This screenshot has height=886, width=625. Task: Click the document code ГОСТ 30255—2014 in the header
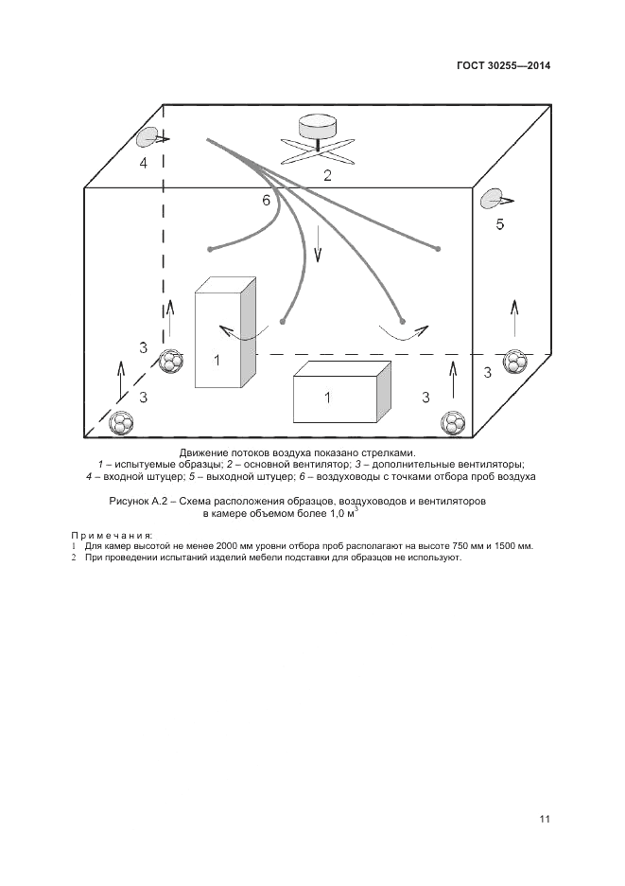[503, 66]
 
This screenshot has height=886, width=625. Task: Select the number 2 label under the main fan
[327, 174]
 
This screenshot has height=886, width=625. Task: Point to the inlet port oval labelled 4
[148, 138]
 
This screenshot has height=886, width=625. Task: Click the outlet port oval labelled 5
[491, 199]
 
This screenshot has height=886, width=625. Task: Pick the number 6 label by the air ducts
[267, 201]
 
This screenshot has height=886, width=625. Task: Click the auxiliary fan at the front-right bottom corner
[455, 422]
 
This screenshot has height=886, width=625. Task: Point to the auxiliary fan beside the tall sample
[171, 362]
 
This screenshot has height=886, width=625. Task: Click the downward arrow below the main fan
[318, 243]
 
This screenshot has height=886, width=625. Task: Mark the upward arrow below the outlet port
[514, 318]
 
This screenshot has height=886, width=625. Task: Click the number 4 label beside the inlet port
[144, 163]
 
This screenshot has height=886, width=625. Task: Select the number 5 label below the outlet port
[500, 224]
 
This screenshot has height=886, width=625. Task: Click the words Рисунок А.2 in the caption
[137, 502]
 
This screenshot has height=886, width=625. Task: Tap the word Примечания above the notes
[112, 536]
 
